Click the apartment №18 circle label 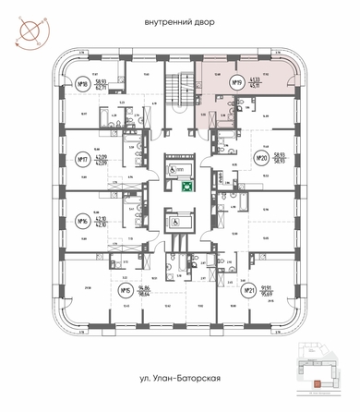coord(82,84)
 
